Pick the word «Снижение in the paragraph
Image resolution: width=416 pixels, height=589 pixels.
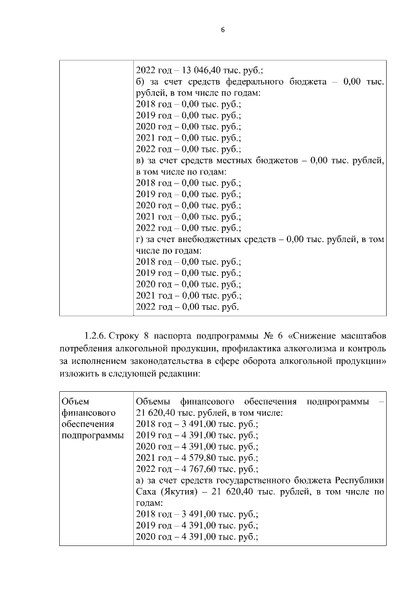tap(315, 336)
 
